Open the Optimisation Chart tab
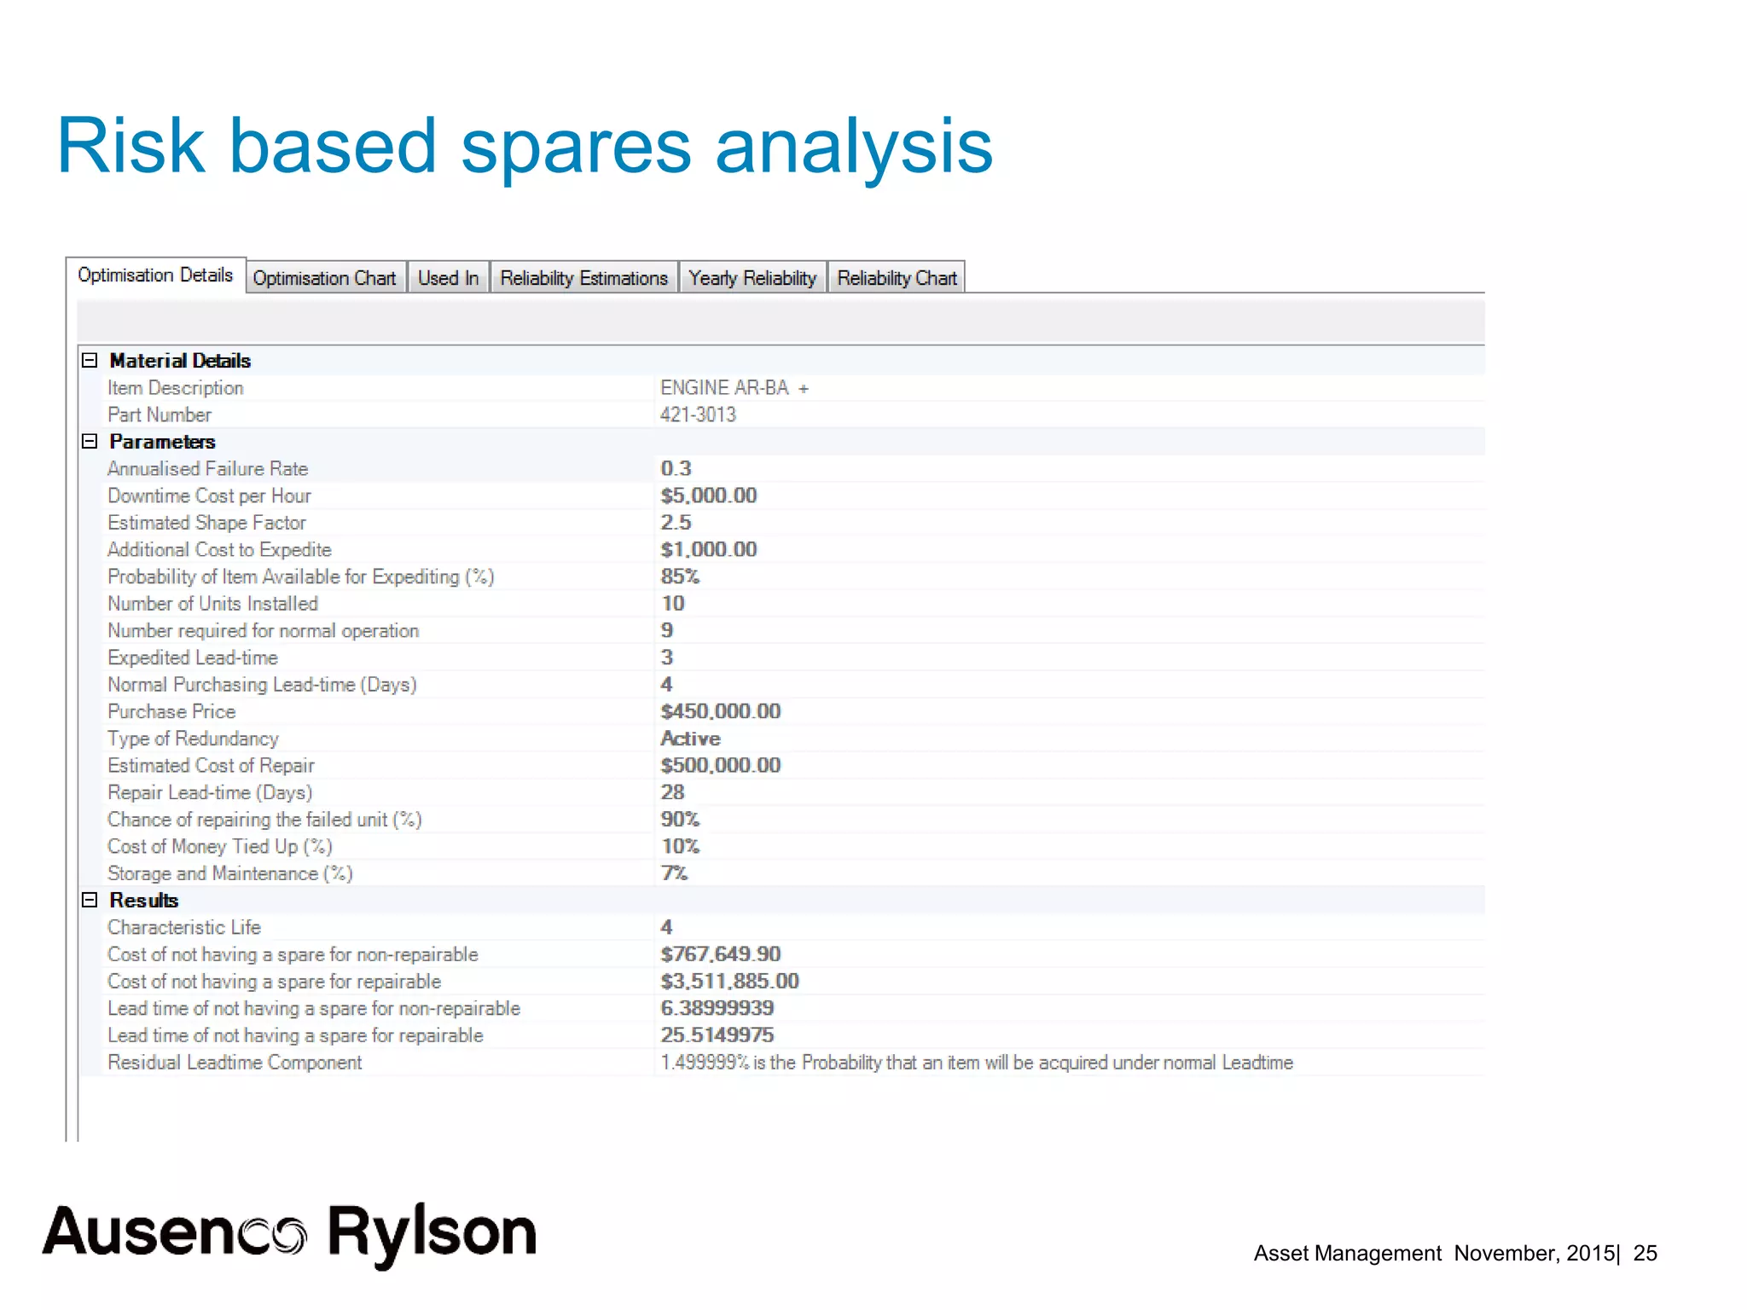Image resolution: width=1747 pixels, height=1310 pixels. pos(324,278)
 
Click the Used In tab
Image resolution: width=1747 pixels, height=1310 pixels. pos(448,278)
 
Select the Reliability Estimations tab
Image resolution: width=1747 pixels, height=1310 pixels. pos(583,278)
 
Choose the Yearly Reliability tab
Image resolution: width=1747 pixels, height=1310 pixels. pos(752,278)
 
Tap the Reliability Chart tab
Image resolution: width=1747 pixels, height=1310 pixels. pos(897,278)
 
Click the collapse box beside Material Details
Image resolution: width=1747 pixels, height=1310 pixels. pos(90,360)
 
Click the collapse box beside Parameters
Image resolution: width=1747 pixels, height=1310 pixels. pos(90,441)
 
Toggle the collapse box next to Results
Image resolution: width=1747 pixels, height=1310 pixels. pos(90,900)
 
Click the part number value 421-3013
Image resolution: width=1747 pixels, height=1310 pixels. pos(698,414)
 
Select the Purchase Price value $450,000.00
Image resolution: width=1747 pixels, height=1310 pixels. pos(720,711)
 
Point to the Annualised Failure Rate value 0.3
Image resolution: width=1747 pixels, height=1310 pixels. pos(676,468)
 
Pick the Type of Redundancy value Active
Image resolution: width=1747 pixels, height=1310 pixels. pos(690,739)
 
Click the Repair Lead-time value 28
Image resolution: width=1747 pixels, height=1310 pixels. pos(672,792)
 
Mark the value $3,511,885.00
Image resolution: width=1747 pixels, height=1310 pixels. pos(729,981)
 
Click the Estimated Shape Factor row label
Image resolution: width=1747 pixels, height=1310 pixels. pos(206,523)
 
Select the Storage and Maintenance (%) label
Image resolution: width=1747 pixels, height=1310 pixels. pos(229,873)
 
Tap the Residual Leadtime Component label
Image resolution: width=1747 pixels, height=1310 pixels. pos(235,1063)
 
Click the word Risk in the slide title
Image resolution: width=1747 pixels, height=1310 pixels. pos(131,147)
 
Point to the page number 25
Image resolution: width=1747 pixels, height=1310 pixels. pos(1645,1253)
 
